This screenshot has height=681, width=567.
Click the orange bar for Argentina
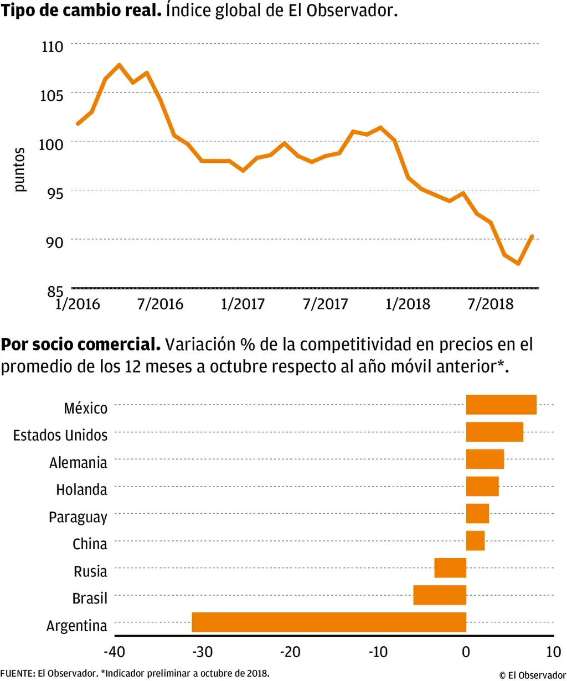tap(328, 622)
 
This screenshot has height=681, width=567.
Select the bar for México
tap(501, 405)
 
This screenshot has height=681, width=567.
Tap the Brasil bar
tap(440, 595)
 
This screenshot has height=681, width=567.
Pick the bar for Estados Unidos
tap(494, 432)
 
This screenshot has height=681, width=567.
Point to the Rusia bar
tap(450, 568)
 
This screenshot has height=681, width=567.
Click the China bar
tap(475, 541)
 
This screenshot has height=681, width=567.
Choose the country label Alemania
tap(78, 463)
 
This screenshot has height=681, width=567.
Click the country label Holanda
tap(81, 490)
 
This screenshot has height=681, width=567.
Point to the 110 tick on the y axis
tap(53, 47)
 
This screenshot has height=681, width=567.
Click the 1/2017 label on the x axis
tap(243, 304)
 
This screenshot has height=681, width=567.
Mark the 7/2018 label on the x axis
tap(491, 304)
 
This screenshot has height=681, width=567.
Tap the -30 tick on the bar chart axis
tap(202, 652)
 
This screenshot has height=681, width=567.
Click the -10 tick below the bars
tap(378, 652)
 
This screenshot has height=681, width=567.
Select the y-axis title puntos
tap(19, 169)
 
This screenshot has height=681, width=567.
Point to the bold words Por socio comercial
tap(81, 344)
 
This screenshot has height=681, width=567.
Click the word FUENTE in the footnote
tap(17, 674)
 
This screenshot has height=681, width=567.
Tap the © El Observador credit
tap(532, 675)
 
